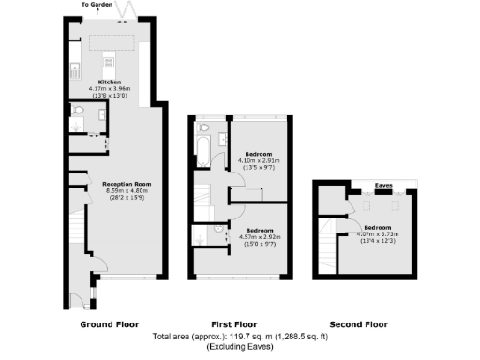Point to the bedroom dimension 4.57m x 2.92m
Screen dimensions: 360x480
click(x=259, y=236)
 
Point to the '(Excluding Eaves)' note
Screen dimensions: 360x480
click(x=239, y=346)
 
